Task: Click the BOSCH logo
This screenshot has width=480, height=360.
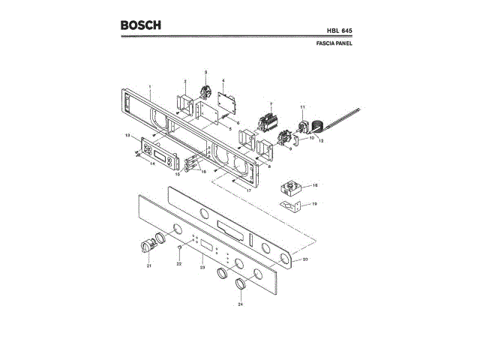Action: click(x=140, y=25)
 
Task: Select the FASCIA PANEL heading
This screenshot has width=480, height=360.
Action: click(x=334, y=44)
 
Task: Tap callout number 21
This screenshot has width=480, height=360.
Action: click(x=148, y=266)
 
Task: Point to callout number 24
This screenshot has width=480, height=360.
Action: click(x=240, y=304)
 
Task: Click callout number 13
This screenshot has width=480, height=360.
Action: click(x=128, y=135)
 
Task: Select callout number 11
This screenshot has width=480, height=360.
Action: click(x=302, y=106)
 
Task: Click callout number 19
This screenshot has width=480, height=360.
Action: click(x=315, y=203)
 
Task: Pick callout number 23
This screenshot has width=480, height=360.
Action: click(x=202, y=267)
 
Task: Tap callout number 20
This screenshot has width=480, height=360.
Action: click(x=304, y=259)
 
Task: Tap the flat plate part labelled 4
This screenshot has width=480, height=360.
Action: click(x=223, y=103)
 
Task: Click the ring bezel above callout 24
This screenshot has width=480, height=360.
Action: click(x=240, y=283)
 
